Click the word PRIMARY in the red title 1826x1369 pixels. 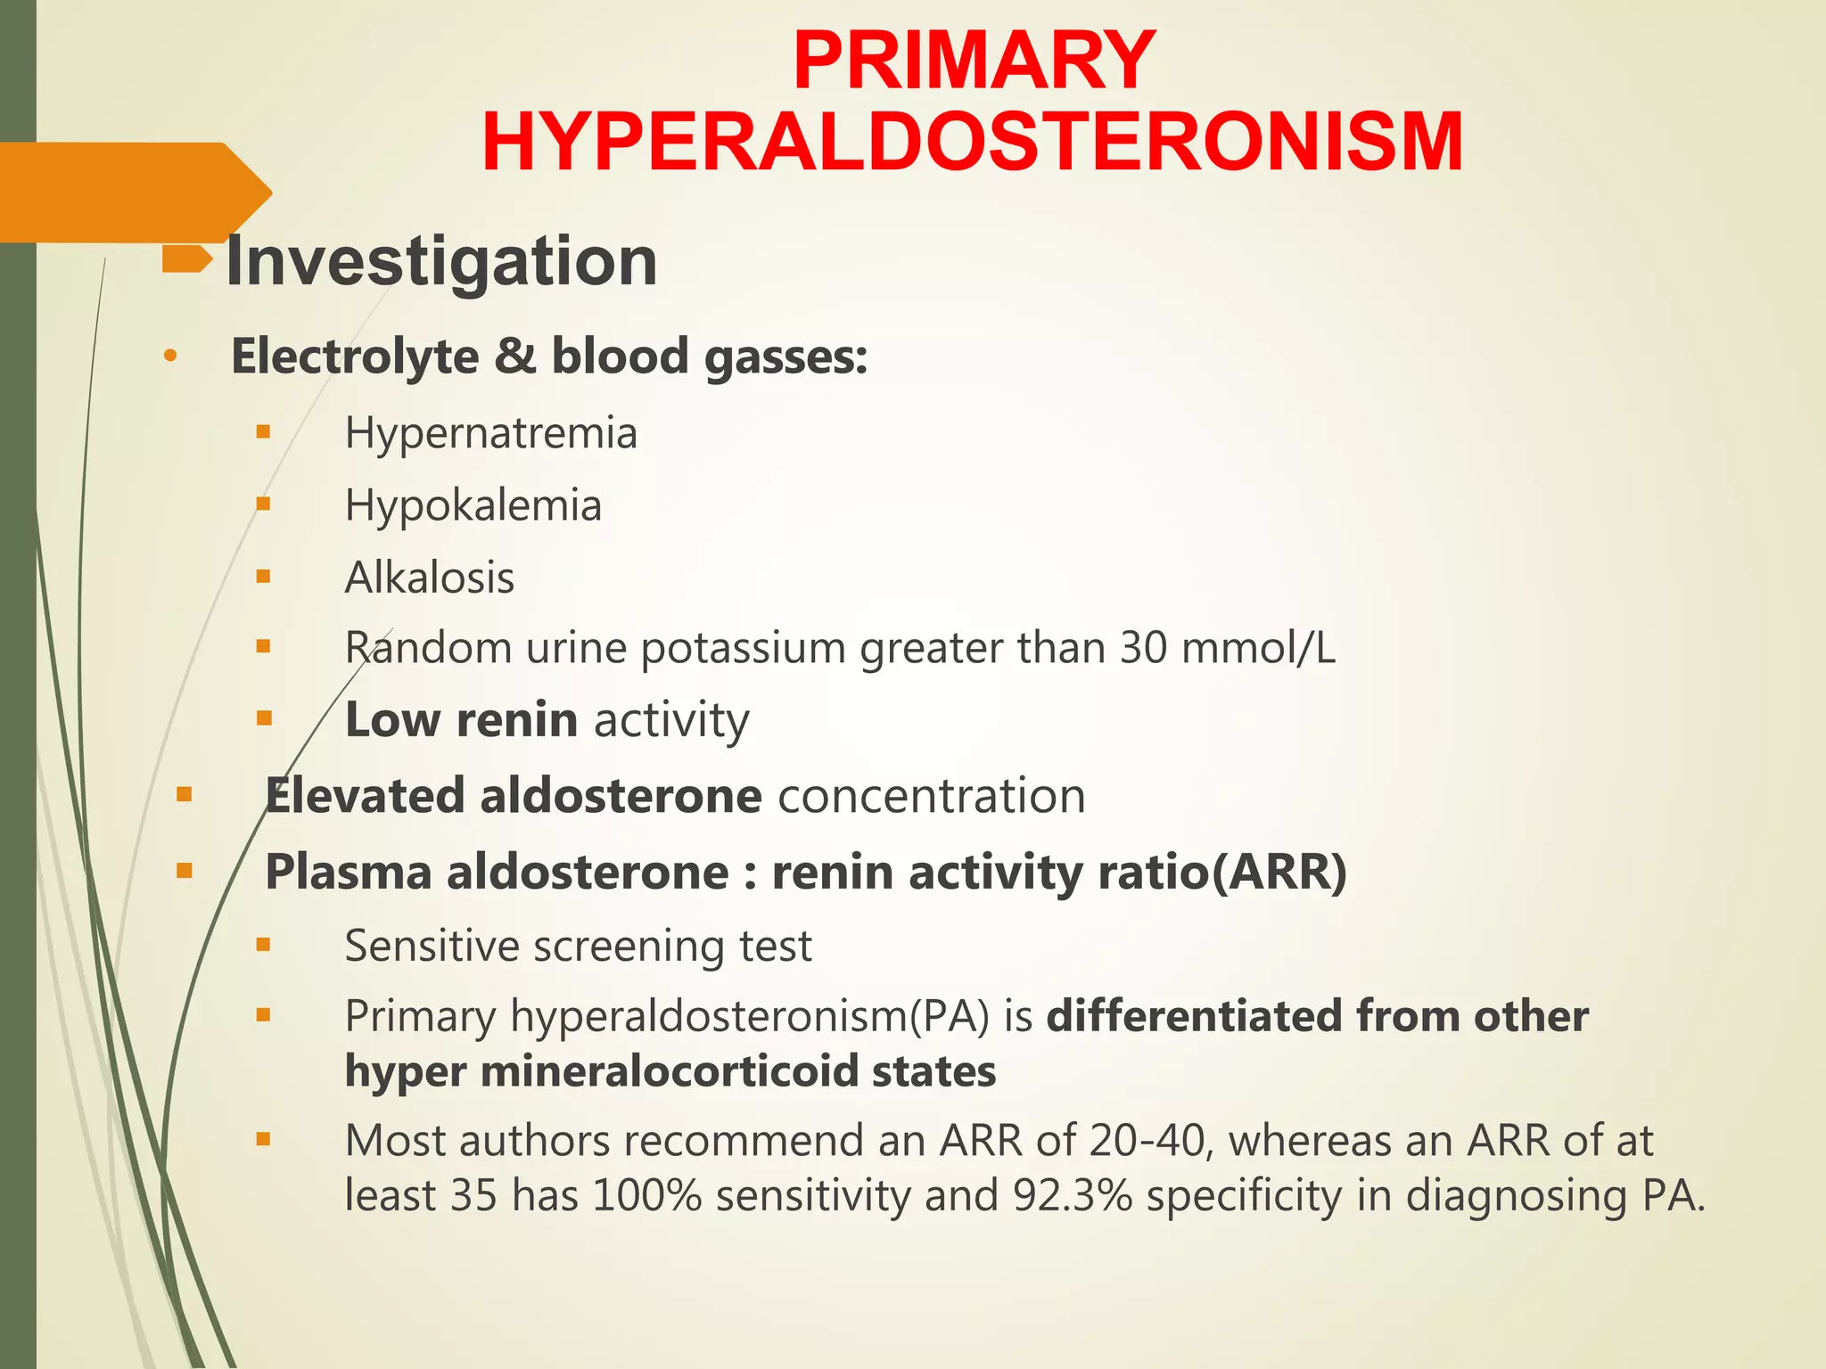coord(974,61)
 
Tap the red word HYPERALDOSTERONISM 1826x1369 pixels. coord(972,143)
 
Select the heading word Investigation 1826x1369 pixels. coord(441,261)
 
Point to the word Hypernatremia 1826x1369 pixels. coord(491,434)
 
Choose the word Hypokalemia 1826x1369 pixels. coord(473,506)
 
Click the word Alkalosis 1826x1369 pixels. coord(430,578)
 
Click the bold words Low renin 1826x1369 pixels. coord(461,720)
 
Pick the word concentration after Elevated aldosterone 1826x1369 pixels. coord(932,796)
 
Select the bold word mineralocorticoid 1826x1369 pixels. coord(669,1071)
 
